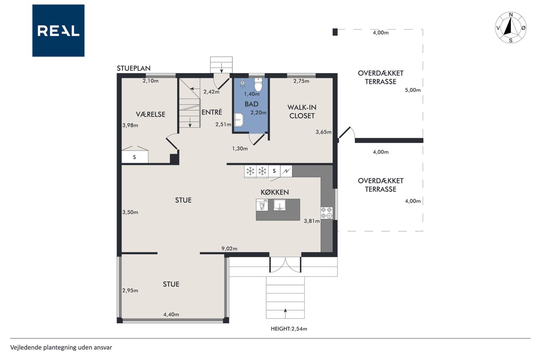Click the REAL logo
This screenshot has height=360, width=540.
[x=58, y=31]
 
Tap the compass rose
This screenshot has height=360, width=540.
[x=510, y=27]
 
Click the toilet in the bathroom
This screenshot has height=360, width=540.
[x=258, y=84]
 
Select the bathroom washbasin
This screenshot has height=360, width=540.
[x=239, y=120]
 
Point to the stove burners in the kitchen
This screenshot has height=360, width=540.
[x=327, y=213]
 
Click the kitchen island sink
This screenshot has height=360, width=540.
[x=280, y=205]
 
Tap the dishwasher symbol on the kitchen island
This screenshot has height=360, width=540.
[x=262, y=205]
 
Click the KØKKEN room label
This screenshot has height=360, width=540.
[x=275, y=192]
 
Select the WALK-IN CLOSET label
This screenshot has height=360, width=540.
[x=302, y=111]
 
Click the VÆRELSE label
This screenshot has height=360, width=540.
[x=151, y=114]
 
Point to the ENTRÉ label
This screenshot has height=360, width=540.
[x=212, y=112]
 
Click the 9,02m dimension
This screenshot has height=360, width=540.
[x=229, y=248]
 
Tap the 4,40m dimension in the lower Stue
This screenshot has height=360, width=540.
[x=171, y=314]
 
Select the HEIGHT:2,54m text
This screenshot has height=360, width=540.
[x=289, y=329]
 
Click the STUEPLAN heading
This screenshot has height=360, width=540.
[x=134, y=68]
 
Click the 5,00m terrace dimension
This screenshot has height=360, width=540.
[x=413, y=90]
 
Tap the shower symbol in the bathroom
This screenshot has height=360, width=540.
[x=243, y=84]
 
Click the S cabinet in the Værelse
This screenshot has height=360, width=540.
[x=135, y=157]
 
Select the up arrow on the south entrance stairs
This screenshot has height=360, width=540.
[x=286, y=314]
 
